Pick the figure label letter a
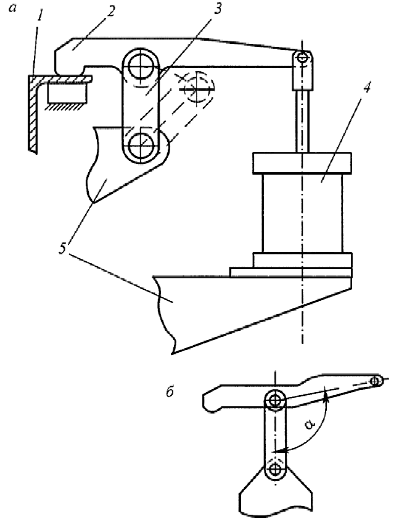click(12, 8)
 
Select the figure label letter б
click(170, 392)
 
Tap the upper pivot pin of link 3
click(140, 65)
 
